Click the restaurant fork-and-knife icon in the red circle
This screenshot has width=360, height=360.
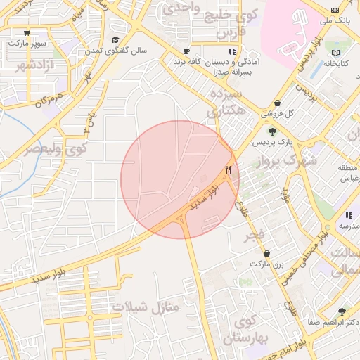[x=228, y=169]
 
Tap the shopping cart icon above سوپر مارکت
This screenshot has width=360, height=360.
[x=27, y=32]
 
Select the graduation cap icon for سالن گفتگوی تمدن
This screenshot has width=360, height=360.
[x=115, y=40]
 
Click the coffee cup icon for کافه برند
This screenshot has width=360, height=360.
[x=186, y=51]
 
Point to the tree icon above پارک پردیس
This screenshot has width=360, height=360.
[x=272, y=131]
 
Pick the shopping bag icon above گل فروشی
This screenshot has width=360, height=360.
[x=278, y=102]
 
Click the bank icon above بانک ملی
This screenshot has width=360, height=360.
[x=335, y=10]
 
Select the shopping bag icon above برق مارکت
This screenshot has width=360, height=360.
[x=266, y=253]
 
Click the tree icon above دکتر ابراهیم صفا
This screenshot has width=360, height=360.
[x=342, y=311]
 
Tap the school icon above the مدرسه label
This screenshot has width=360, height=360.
[x=348, y=215]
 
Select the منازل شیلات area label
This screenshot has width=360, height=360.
[x=146, y=307]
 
